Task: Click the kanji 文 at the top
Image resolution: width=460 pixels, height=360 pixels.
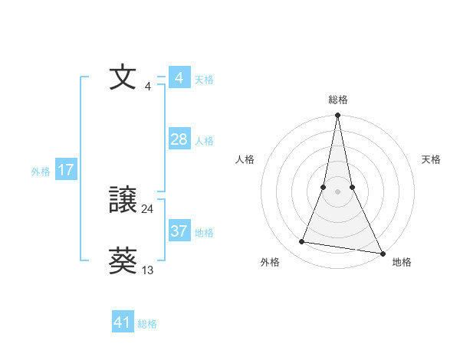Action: [123, 78]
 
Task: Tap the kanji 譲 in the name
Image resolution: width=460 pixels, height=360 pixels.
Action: [123, 201]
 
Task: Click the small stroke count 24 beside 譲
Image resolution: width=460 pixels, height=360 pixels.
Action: [147, 208]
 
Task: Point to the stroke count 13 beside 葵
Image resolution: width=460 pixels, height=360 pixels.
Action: [148, 270]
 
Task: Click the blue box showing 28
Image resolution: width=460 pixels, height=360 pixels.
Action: [179, 139]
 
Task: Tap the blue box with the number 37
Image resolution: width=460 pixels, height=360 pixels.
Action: [179, 231]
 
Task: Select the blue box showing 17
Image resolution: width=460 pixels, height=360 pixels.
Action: [65, 170]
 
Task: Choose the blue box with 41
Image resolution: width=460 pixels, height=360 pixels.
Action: [123, 322]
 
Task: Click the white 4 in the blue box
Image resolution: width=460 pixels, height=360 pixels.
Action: [179, 77]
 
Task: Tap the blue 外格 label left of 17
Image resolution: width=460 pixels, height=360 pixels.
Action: [41, 172]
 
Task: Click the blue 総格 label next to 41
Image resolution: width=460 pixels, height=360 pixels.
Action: [147, 324]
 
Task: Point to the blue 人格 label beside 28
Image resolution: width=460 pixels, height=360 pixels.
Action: [204, 141]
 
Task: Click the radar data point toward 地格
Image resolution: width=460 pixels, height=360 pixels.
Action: [382, 253]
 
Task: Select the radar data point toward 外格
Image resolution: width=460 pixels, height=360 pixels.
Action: [302, 242]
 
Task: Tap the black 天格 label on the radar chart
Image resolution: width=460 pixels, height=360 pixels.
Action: [432, 159]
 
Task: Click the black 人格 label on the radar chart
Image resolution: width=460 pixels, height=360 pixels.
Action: [245, 159]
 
